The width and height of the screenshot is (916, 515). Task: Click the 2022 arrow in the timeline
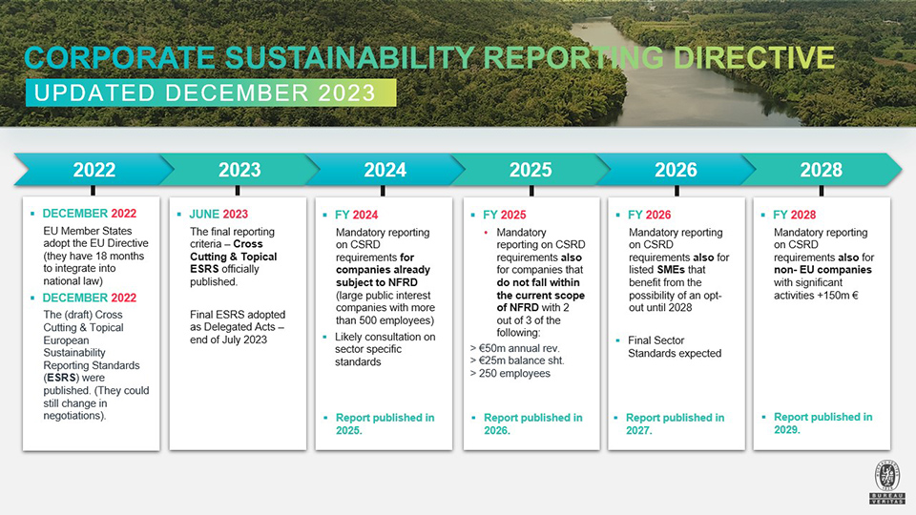(94, 170)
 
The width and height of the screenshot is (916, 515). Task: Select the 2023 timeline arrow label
(239, 170)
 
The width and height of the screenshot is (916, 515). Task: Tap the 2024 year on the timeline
(385, 170)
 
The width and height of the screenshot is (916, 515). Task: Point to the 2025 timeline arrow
(531, 170)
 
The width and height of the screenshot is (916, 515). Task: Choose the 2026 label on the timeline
(676, 170)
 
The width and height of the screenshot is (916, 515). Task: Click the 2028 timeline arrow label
(821, 170)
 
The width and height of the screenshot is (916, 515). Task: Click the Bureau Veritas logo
(886, 483)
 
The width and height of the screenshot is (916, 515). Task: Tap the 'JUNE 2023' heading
(219, 215)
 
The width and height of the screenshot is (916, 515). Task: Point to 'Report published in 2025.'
(385, 424)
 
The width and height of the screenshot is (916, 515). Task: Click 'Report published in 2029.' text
(822, 423)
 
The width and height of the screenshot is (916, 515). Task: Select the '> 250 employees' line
(510, 374)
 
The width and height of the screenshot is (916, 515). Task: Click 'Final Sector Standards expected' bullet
(674, 347)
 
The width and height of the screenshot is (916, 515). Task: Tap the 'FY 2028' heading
(795, 215)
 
